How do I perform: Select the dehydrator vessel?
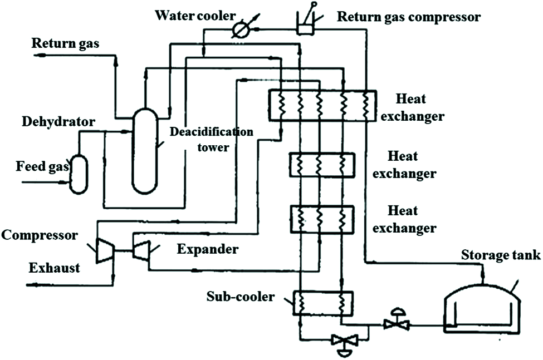click(78, 174)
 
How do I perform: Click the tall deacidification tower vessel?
click(144, 150)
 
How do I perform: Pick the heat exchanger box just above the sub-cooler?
click(322, 219)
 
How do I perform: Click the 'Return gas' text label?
click(66, 43)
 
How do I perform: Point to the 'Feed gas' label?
click(42, 166)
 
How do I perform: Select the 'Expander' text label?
click(207, 249)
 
